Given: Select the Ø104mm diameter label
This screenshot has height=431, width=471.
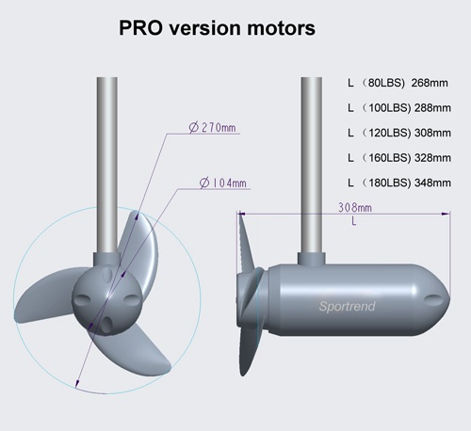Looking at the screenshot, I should [x=222, y=183].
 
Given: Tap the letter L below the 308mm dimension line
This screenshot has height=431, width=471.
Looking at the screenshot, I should [x=353, y=223].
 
